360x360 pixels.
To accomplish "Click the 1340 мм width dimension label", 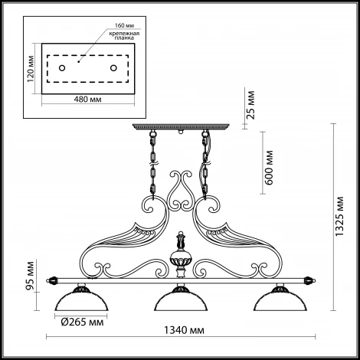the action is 184,330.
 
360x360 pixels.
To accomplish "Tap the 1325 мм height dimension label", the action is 340,217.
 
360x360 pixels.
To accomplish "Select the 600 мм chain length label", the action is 269,168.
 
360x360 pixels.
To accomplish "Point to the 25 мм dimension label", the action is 250,105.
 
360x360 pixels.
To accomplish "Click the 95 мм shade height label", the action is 31,276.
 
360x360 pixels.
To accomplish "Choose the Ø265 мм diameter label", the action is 82,322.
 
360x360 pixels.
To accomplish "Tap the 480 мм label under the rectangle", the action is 87,99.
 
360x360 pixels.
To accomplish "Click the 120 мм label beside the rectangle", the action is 31,69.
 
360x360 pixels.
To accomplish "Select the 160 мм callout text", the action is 124,25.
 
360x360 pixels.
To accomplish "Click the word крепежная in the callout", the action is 124,34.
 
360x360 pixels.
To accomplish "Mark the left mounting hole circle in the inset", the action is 62,68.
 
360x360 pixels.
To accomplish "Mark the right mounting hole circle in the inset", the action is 113,68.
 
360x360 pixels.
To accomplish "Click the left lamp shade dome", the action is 81,301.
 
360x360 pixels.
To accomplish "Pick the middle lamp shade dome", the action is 181,301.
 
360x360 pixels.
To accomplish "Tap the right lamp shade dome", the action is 280,301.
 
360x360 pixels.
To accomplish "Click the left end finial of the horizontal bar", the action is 51,280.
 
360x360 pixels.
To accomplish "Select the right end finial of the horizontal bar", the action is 310,280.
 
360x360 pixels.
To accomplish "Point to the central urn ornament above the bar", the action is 181,255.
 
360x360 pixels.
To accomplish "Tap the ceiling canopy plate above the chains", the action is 181,126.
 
